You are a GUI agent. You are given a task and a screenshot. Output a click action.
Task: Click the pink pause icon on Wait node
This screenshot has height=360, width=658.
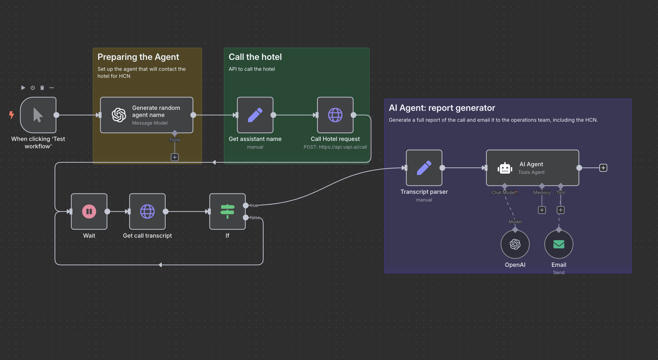pyautogui.click(x=89, y=211)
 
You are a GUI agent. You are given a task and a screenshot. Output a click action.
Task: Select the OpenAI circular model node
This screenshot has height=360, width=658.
pyautogui.click(x=515, y=244)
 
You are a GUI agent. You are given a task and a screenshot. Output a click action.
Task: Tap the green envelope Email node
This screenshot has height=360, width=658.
pyautogui.click(x=559, y=244)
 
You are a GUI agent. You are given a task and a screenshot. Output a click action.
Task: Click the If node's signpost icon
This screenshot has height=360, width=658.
pyautogui.click(x=227, y=211)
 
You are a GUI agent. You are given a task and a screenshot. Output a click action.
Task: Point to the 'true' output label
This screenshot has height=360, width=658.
pyautogui.click(x=254, y=206)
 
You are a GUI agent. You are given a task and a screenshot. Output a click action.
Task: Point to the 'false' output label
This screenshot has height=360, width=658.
pyautogui.click(x=255, y=218)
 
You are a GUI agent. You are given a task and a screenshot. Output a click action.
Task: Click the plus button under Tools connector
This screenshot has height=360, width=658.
pyautogui.click(x=175, y=157)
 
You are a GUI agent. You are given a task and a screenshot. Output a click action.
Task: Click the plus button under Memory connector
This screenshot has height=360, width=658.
pyautogui.click(x=542, y=210)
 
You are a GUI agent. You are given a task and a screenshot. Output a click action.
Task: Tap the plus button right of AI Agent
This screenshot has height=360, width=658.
pyautogui.click(x=603, y=168)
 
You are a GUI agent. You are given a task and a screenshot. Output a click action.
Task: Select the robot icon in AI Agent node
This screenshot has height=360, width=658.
pyautogui.click(x=505, y=168)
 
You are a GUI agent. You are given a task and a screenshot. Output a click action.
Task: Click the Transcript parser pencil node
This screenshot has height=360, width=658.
pyautogui.click(x=424, y=168)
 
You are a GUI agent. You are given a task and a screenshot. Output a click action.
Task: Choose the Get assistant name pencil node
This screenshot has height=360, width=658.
pyautogui.click(x=255, y=115)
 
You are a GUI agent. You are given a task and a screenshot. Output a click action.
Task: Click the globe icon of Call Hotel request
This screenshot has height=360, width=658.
pyautogui.click(x=335, y=115)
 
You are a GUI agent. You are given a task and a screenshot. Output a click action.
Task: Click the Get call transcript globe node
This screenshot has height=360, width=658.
pyautogui.click(x=147, y=211)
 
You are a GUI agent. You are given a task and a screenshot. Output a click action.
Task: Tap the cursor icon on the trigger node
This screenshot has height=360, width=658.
pyautogui.click(x=38, y=115)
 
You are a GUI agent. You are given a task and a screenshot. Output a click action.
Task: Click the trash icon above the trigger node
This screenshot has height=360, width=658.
pyautogui.click(x=42, y=88)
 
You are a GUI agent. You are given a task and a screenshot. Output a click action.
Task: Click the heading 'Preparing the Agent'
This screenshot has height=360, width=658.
pyautogui.click(x=138, y=57)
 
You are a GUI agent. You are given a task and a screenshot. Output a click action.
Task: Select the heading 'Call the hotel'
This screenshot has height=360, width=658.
pyautogui.click(x=255, y=57)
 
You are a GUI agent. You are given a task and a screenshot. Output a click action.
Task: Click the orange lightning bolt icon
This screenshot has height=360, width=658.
pyautogui.click(x=12, y=115)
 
